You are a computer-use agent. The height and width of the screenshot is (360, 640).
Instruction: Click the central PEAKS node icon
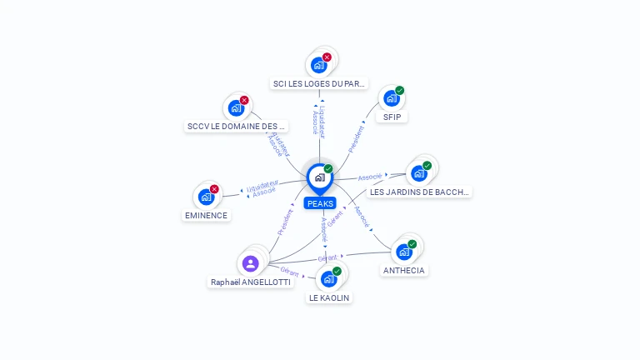click(x=319, y=177)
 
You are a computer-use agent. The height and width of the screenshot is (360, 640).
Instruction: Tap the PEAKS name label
click(x=320, y=203)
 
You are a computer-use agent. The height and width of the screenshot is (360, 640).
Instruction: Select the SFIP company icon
click(x=391, y=98)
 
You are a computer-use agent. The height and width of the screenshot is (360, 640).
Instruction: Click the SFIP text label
click(x=392, y=117)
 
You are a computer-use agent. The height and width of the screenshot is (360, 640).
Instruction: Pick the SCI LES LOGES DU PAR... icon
click(x=318, y=64)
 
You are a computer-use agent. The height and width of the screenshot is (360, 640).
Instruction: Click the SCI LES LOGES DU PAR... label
click(x=320, y=83)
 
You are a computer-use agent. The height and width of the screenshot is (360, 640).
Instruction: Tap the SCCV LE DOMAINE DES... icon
click(x=236, y=107)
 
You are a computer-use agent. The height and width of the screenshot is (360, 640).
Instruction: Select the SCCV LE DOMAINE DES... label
click(x=237, y=127)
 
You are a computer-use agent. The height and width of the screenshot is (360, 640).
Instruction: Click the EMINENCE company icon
click(x=205, y=197)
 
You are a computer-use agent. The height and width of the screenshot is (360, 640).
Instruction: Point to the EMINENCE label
click(x=206, y=215)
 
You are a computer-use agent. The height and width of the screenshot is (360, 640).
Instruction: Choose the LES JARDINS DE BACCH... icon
click(x=418, y=173)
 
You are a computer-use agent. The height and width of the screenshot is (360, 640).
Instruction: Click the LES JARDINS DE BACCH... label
click(x=420, y=192)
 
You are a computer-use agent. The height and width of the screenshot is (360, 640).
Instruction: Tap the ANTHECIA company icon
click(x=404, y=252)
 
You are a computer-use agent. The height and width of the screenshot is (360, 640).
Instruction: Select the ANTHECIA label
click(x=404, y=270)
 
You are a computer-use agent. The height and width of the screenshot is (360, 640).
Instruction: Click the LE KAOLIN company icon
click(x=328, y=278)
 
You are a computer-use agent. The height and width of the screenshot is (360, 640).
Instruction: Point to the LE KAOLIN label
click(x=329, y=297)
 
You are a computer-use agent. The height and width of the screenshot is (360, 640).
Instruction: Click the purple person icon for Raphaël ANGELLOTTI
click(x=250, y=263)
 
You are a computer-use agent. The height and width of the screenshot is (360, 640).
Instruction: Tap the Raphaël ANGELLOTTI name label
click(x=251, y=282)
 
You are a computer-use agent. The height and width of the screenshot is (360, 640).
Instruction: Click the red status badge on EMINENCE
click(x=214, y=189)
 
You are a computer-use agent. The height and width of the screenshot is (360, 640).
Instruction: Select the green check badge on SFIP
click(x=400, y=90)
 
